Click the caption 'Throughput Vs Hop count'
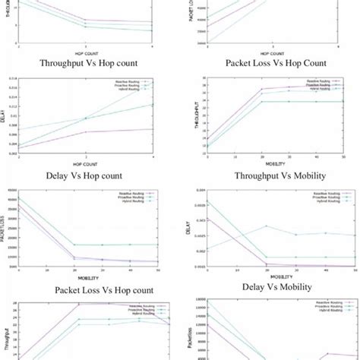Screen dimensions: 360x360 (89, 64)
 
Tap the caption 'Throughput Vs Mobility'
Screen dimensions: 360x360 (271, 175)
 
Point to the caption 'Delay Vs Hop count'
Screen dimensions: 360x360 (88, 175)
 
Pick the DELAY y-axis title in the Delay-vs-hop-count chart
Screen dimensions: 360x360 (8, 117)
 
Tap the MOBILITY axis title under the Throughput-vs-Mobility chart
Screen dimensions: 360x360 (272, 163)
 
